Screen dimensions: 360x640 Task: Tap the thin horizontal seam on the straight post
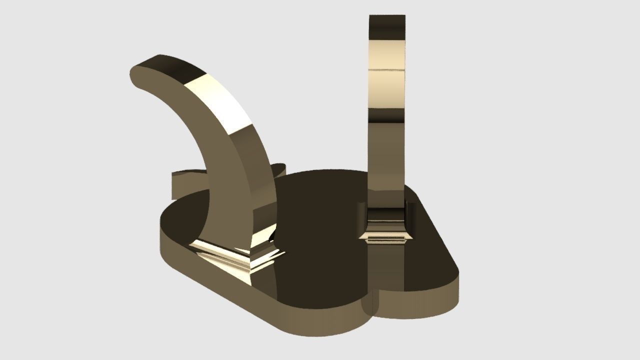(x=387, y=69)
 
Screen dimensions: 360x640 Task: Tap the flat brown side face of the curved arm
(x=200, y=150)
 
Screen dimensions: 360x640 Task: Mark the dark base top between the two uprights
(x=320, y=210)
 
